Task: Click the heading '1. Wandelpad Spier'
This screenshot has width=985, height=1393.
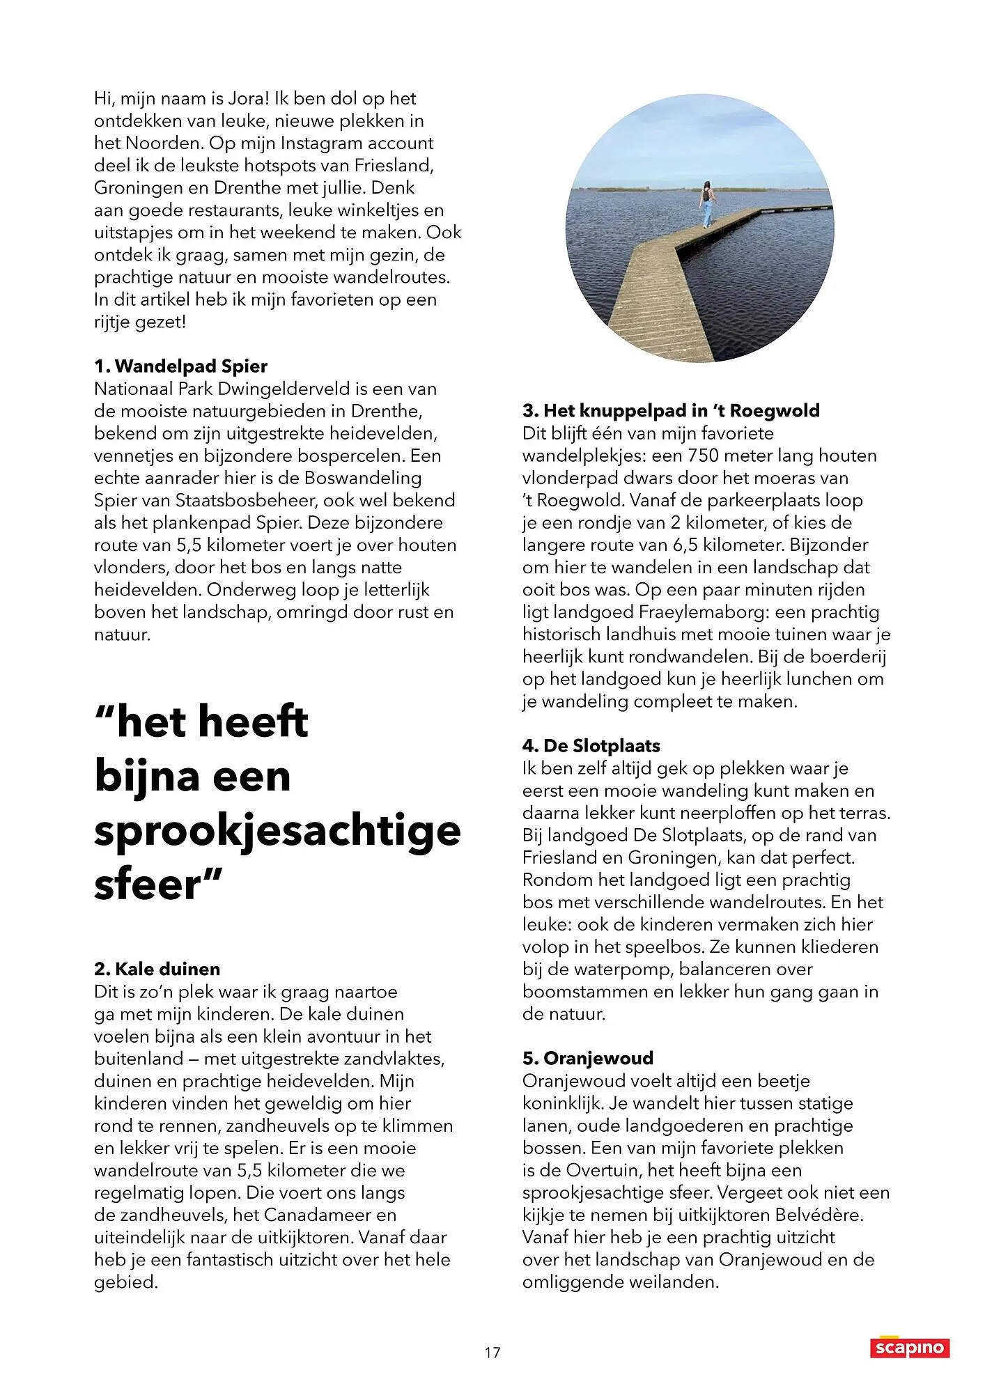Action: coord(180,366)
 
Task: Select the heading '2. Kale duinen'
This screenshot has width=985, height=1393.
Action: coord(157,969)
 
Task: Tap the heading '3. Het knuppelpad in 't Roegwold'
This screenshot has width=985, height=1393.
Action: coord(671,410)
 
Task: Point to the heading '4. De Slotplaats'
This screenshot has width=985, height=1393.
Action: coord(591,746)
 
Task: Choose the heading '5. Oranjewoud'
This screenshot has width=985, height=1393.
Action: coord(588,1058)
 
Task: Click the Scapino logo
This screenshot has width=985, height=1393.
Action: coord(910,1348)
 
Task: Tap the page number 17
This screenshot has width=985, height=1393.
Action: coord(492,1353)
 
